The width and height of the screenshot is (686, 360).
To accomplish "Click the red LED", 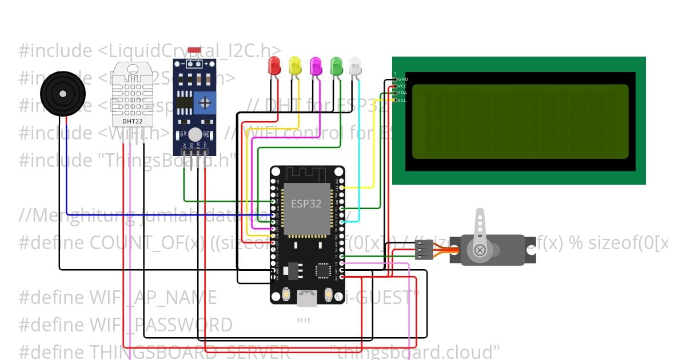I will pyautogui.click(x=275, y=66).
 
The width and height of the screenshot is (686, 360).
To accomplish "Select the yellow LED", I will pyautogui.click(x=295, y=66).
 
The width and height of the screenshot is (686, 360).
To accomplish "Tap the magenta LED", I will pyautogui.click(x=316, y=66).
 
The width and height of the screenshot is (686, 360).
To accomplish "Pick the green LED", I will pyautogui.click(x=336, y=66).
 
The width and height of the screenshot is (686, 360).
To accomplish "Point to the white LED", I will pyautogui.click(x=356, y=66).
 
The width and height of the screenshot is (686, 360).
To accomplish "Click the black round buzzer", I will pyautogui.click(x=62, y=93).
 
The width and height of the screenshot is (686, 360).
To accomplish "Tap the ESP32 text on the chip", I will pyautogui.click(x=306, y=203).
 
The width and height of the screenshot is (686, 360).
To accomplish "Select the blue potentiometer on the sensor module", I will pyautogui.click(x=204, y=104).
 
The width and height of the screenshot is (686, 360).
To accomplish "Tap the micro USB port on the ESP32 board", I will pyautogui.click(x=306, y=297).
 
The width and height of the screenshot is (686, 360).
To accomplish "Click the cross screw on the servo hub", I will pyautogui.click(x=480, y=250).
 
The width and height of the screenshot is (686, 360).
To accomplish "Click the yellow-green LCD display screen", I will pyautogui.click(x=520, y=121).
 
